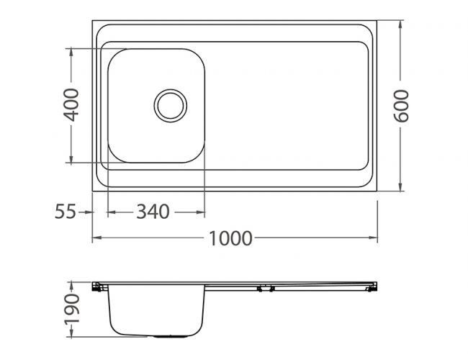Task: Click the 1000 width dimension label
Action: click(232, 238)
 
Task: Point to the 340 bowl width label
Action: click(153, 212)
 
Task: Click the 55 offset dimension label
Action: click(66, 212)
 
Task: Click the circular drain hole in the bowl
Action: click(171, 105)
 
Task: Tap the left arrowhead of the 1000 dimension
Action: click(96, 238)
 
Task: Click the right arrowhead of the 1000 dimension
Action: click(374, 238)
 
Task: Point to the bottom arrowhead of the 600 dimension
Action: click(401, 189)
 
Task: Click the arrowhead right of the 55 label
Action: click(89, 212)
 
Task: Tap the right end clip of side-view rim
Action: click(371, 287)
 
